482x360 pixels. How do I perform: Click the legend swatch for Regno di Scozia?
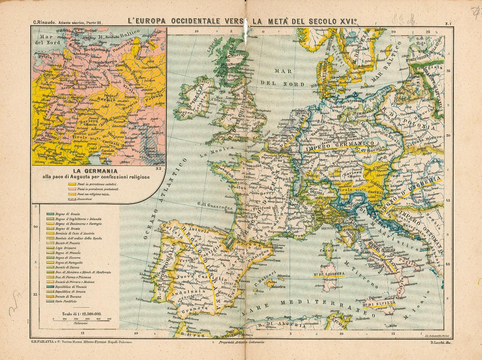[x=49, y=214]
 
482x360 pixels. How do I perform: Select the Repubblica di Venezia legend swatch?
[x=49, y=287]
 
